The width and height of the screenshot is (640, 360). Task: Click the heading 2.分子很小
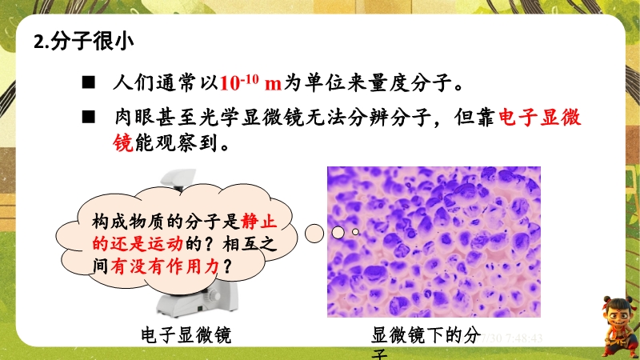84,42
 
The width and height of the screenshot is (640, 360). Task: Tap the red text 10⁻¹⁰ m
250,83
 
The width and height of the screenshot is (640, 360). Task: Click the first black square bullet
88,82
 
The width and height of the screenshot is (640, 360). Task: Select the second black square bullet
88,117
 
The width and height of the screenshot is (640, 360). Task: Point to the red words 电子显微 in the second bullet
539,118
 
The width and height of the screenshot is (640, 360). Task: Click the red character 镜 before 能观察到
123,143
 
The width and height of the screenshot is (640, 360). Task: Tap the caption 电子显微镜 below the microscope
186,335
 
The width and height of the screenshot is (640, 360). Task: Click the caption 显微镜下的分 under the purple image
426,335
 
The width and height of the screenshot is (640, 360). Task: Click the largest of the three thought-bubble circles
314,234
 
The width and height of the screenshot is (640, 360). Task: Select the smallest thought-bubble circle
355,232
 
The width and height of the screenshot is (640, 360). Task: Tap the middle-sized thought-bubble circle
338,233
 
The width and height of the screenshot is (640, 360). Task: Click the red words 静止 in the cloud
258,222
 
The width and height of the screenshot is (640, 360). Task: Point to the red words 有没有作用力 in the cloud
165,266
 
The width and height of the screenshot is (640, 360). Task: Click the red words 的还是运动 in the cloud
138,244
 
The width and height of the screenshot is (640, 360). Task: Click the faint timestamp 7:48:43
524,338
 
